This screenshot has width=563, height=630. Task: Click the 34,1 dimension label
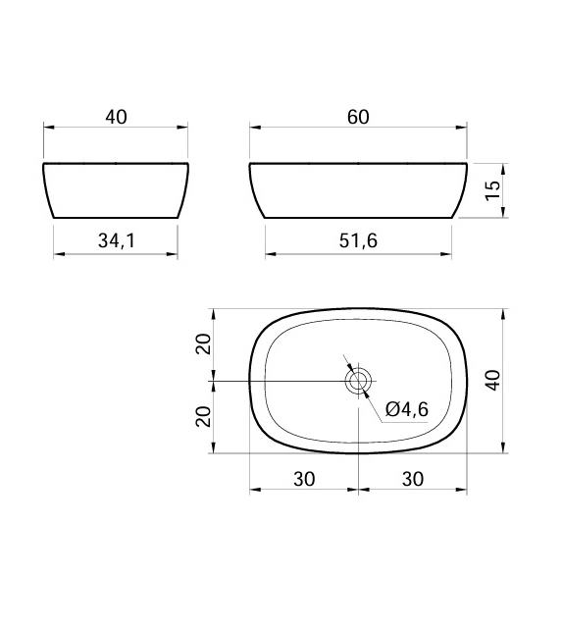coord(116,241)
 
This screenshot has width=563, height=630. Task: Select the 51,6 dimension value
coord(358,241)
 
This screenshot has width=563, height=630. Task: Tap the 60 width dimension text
coord(358,117)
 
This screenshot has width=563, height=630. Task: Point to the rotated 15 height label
coord(493,189)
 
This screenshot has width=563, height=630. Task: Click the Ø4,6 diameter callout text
coord(407,409)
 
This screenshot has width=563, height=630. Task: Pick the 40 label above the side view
coord(116,117)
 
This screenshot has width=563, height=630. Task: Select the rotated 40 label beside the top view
coord(493,380)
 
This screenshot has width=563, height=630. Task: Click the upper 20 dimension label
coord(203,344)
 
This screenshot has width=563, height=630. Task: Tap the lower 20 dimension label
coord(203,416)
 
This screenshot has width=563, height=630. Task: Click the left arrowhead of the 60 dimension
coord(254,128)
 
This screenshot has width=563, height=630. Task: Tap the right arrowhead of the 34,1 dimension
coord(174,253)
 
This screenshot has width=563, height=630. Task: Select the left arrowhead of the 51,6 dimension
coord(269,253)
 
